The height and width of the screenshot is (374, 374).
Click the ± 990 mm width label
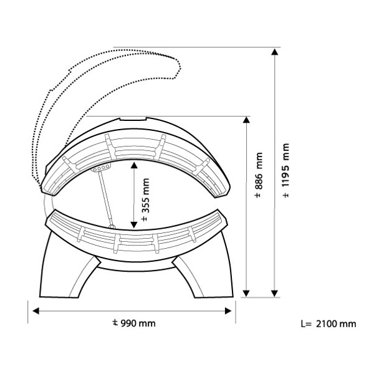point(134,323)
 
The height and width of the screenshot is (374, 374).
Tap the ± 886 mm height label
point(259,175)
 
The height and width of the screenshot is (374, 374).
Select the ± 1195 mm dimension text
point(285,170)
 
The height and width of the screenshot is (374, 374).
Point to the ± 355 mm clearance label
point(145,199)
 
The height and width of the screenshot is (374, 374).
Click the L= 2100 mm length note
point(328,324)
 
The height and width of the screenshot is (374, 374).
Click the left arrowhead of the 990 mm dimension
point(36,311)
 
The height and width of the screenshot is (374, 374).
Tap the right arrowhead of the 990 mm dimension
point(228,311)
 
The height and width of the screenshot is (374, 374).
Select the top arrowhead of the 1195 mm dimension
point(275,52)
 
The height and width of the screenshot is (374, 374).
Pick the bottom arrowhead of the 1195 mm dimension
point(275,294)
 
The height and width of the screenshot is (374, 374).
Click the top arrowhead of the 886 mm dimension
point(246,120)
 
